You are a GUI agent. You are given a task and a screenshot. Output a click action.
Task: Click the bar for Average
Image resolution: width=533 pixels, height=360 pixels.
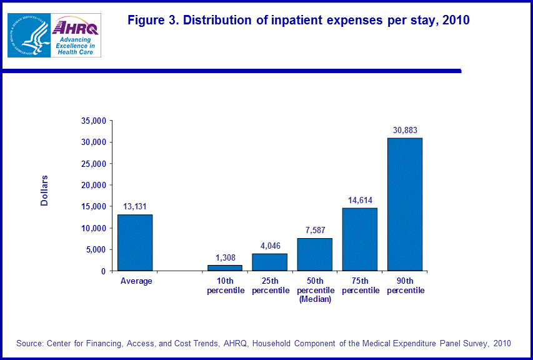(x=135, y=242)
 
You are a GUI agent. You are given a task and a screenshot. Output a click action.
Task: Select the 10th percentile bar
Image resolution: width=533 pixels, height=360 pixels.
(x=224, y=267)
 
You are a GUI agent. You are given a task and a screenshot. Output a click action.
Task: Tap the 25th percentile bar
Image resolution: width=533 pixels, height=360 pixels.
(x=269, y=262)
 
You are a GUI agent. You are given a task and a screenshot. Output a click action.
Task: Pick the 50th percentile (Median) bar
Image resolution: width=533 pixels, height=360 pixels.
(x=314, y=254)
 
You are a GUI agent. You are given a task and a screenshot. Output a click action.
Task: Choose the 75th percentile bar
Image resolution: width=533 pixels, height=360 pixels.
(x=359, y=239)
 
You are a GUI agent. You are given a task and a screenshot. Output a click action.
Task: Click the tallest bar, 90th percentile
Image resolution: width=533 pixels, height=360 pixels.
(x=404, y=204)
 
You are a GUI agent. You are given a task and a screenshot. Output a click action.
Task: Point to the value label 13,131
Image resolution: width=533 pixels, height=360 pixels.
(x=135, y=206)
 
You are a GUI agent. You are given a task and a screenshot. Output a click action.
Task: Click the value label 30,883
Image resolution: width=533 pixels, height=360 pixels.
(x=404, y=129)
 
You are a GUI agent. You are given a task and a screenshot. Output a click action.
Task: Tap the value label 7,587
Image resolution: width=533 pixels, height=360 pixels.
(x=314, y=230)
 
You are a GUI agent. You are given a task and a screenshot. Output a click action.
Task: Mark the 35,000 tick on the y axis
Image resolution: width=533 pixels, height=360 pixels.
(x=94, y=121)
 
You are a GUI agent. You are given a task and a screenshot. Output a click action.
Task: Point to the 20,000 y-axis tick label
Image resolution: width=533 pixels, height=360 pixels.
(x=94, y=185)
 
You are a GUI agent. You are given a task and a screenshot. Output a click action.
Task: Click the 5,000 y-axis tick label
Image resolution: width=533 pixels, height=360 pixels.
(x=97, y=249)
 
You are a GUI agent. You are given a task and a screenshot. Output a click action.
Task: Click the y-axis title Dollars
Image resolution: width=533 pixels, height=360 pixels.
(x=44, y=190)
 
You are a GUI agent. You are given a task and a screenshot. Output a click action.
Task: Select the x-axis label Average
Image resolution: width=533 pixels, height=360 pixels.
(x=136, y=281)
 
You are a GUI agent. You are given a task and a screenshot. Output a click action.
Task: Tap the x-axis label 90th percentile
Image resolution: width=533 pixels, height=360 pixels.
(x=404, y=286)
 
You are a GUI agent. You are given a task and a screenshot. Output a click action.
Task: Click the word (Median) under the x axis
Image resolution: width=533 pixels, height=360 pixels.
(x=314, y=299)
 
